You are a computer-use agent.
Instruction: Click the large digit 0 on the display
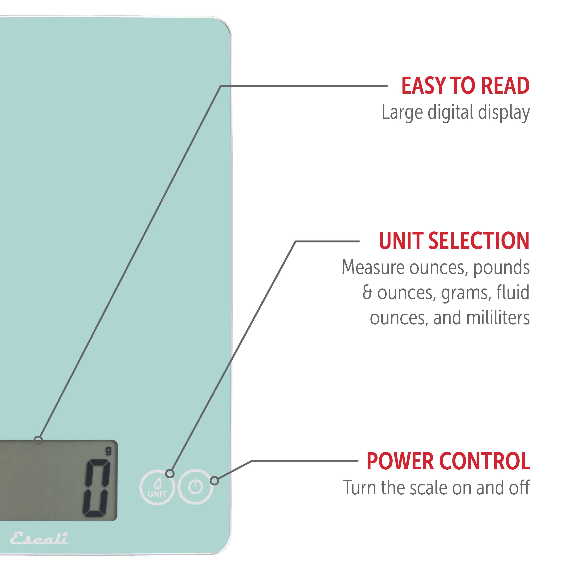click(96, 488)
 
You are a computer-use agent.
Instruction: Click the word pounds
click(501, 268)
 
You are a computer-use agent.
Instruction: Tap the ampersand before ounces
click(367, 292)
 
